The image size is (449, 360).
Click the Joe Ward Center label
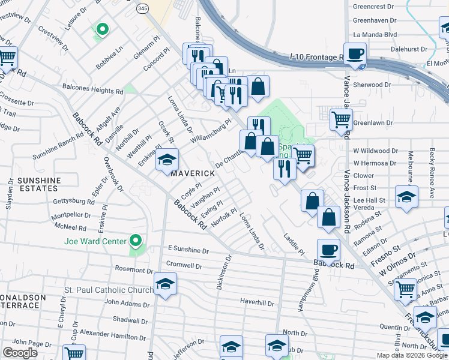coord(95,242)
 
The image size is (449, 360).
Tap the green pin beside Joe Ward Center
coord(136,241)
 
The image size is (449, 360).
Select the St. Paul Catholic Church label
coord(109,290)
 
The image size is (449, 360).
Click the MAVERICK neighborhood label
coord(193,173)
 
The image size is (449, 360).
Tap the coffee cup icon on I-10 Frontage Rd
coord(355,53)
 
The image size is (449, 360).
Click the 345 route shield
coord(142,9)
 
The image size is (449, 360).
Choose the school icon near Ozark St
coord(167,160)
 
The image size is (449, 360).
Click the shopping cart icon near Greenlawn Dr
coord(341,119)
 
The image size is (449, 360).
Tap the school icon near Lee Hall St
coord(406,196)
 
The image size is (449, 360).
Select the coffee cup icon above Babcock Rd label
coord(328,249)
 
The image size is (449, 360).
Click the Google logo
coord(20,352)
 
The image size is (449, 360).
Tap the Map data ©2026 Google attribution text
coord(412,355)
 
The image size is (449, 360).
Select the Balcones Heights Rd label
coord(93,90)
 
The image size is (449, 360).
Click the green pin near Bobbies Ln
coord(102,29)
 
